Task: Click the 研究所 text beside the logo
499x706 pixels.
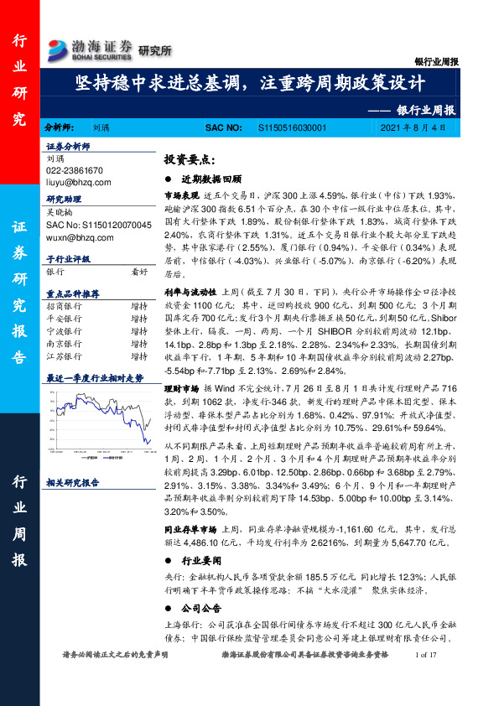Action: click(154, 50)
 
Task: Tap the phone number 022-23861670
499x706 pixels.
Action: click(75, 169)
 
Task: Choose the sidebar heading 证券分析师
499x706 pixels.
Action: click(67, 146)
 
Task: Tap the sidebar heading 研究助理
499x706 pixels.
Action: click(63, 201)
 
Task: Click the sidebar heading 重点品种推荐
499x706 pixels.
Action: click(73, 293)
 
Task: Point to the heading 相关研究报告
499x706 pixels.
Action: click(73, 482)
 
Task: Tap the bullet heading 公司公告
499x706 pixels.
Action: click(200, 607)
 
